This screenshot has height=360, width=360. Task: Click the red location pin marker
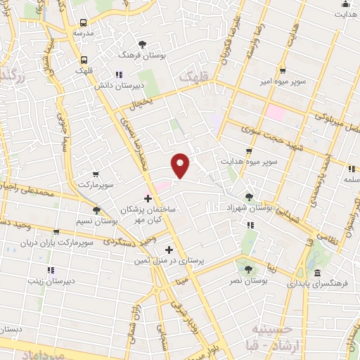[181, 166]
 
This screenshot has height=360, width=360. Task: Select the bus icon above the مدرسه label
[84, 21]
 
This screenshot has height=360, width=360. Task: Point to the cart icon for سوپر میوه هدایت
[249, 151]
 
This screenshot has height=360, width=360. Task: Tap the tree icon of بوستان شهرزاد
[249, 197]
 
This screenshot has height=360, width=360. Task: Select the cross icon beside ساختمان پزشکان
[147, 199]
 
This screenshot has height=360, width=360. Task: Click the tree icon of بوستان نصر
[246, 269]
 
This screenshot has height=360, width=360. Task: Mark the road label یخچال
[140, 103]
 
